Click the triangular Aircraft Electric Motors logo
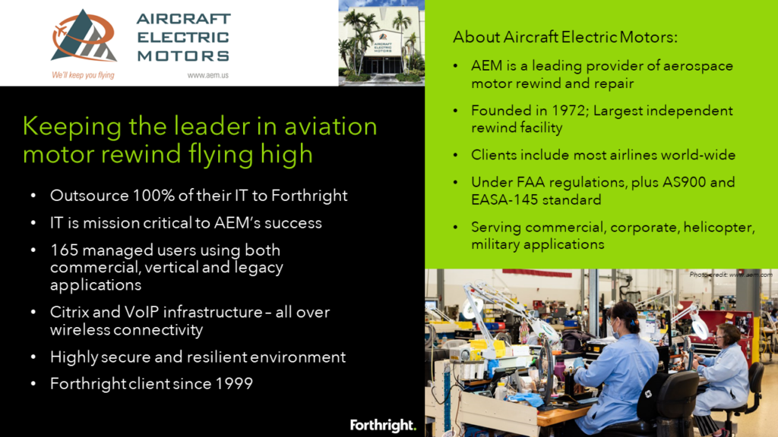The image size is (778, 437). [x=84, y=36]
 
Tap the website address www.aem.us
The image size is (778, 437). [x=208, y=75]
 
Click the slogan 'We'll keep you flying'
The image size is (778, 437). [x=83, y=75]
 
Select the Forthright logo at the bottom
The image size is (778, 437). [x=383, y=425]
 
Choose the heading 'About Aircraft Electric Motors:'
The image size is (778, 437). [x=565, y=37]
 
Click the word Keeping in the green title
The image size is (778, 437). [x=71, y=127]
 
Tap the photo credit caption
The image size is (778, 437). [x=730, y=275]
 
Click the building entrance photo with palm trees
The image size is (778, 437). [x=381, y=42]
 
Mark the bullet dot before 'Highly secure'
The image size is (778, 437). [x=33, y=357]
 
